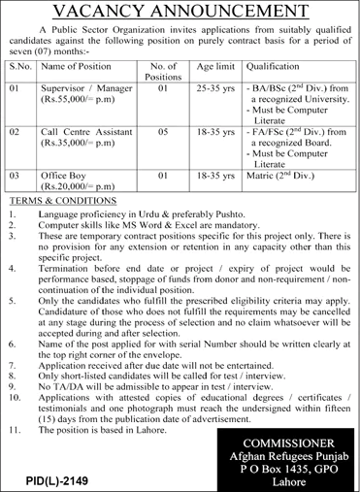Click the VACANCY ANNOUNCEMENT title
pos(180,12)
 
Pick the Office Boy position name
pos(66,177)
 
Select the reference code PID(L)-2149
pos(43,479)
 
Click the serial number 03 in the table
pos(14,177)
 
